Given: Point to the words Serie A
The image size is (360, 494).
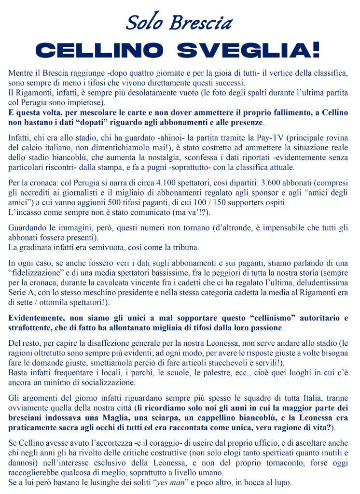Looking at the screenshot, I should click(22, 294).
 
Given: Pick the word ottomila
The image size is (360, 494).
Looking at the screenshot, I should click(56, 303).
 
